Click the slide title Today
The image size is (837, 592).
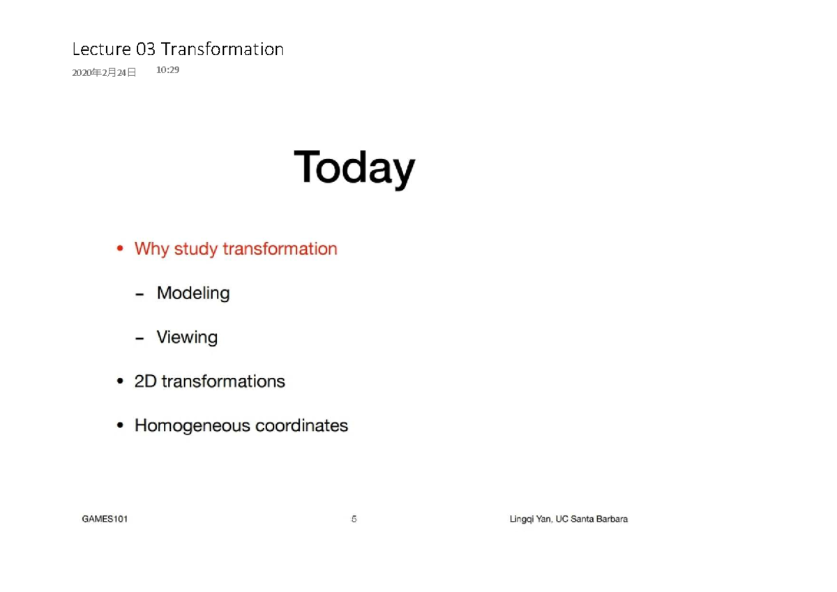[x=354, y=168]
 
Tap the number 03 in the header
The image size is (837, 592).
[x=146, y=50]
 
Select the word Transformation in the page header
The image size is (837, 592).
[x=222, y=50]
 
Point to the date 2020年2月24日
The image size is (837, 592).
[x=104, y=73]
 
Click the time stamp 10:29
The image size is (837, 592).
[x=167, y=70]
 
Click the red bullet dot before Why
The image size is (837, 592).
[x=120, y=249]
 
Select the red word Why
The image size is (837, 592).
[x=151, y=249]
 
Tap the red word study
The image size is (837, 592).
[x=196, y=249]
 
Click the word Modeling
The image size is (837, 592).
[x=193, y=293]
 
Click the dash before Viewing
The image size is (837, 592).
[x=140, y=338]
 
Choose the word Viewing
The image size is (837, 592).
[x=187, y=337]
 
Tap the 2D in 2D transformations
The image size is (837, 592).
[x=145, y=381]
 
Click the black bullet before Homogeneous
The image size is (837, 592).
[x=120, y=425]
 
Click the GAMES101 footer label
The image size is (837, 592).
[x=105, y=519]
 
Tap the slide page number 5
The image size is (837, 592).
[x=354, y=519]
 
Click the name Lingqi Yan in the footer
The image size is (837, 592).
[x=529, y=519]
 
